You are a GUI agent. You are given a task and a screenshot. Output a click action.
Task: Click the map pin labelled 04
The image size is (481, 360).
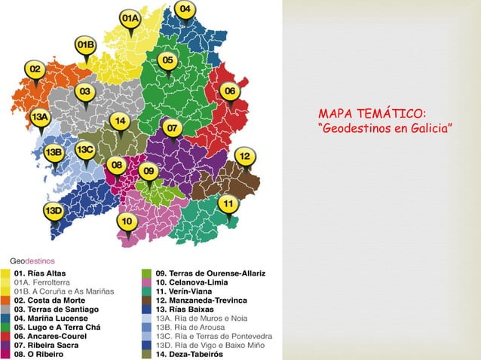(x=186, y=11)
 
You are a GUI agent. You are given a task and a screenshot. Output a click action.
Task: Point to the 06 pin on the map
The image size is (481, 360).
(x=230, y=91)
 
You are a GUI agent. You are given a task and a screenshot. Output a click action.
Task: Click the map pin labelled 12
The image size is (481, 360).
(x=245, y=157)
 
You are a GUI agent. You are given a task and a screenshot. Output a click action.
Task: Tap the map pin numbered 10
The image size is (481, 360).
(x=127, y=221)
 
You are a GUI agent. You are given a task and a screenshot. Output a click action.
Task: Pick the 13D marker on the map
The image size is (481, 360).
(x=52, y=212)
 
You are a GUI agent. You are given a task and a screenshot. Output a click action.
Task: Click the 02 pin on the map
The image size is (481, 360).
(x=34, y=70)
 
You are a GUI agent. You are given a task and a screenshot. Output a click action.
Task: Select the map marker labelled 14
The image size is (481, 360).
(x=119, y=121)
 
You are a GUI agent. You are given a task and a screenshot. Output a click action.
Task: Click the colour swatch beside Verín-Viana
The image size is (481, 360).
(x=147, y=291)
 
